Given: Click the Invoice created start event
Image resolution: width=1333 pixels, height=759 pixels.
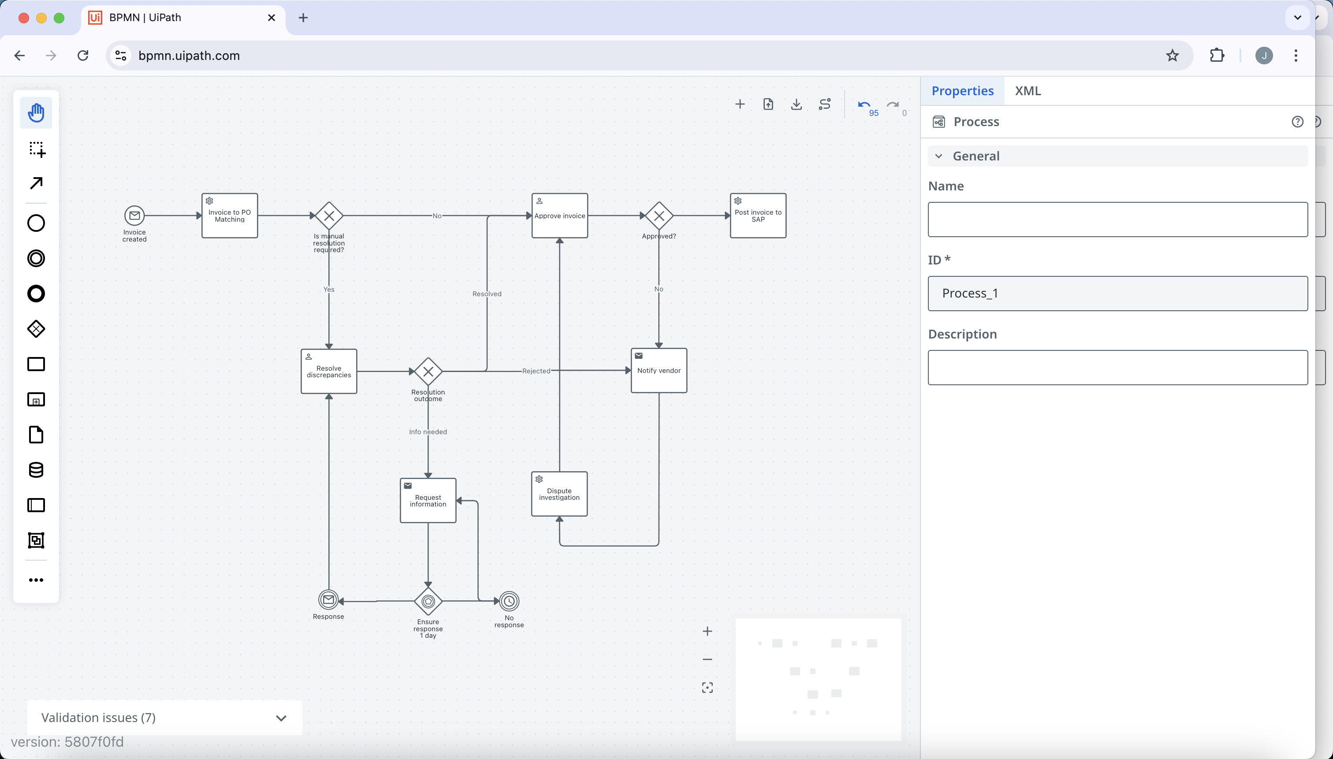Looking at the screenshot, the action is [x=134, y=215].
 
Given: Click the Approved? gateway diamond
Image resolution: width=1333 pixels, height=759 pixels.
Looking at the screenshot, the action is [x=659, y=215].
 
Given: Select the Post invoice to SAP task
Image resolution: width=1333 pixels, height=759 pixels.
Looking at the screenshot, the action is [x=758, y=215].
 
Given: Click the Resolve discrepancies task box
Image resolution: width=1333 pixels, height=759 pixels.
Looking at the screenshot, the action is [x=329, y=371].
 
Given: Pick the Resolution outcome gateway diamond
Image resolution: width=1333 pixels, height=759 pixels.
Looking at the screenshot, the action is [x=428, y=371].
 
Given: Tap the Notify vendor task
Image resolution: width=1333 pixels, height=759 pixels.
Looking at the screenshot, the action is [x=659, y=370].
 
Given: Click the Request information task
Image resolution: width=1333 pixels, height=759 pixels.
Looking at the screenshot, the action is [x=428, y=500].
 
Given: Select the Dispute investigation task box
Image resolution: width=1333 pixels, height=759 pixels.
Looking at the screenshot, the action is [x=559, y=494].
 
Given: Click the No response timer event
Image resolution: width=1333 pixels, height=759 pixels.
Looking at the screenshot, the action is [x=509, y=601].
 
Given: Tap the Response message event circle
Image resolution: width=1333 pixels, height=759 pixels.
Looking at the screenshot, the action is [x=328, y=600].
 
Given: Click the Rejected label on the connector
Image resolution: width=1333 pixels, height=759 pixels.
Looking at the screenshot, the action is [x=536, y=371].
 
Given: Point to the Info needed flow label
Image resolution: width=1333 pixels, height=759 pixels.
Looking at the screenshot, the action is [x=428, y=432].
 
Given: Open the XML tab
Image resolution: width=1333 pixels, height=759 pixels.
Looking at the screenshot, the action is [x=1028, y=91].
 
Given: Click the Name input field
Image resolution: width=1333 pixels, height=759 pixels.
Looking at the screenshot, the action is [x=1118, y=220].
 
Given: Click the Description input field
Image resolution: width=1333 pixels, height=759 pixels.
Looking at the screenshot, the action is [x=1118, y=368].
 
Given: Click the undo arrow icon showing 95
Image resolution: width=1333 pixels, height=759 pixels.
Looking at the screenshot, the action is [x=864, y=105].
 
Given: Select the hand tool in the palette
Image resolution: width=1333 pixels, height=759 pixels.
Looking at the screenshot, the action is [x=36, y=112].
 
